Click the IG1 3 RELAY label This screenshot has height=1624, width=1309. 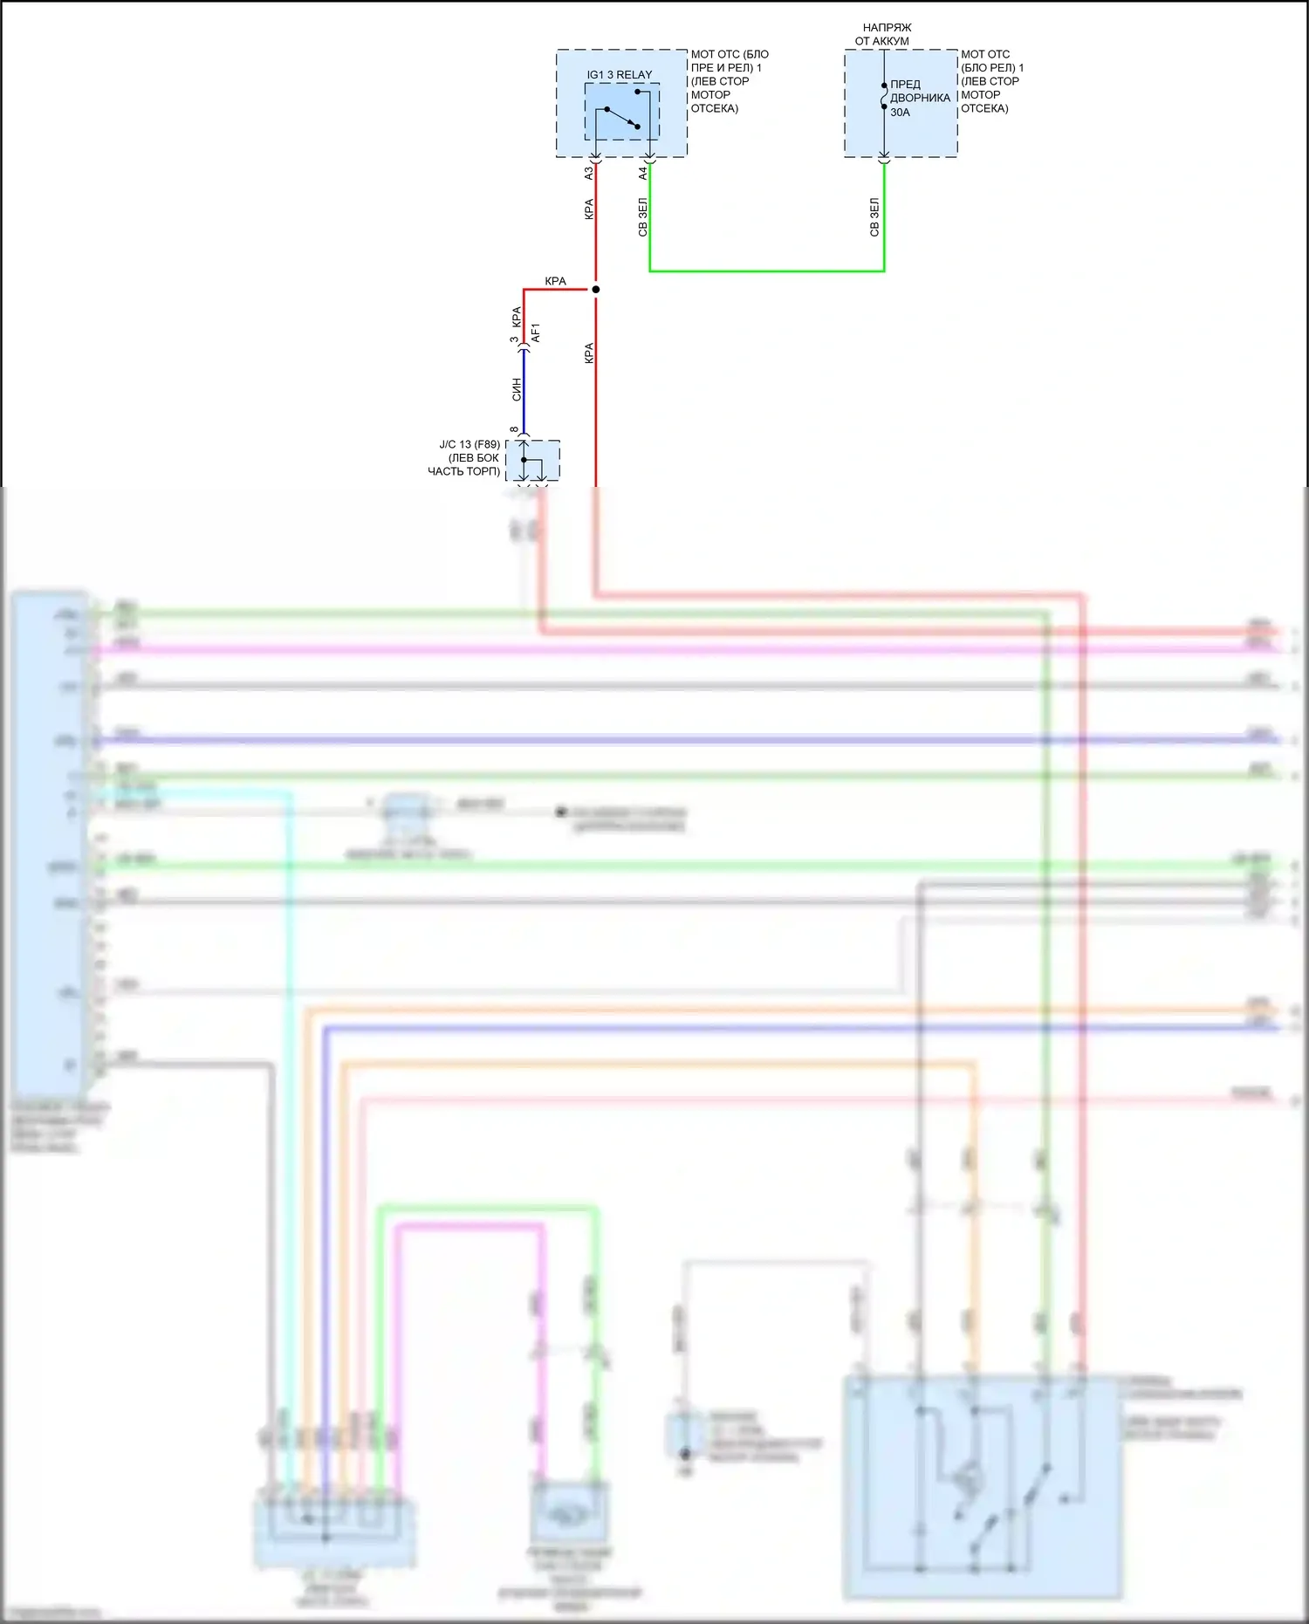click(x=619, y=75)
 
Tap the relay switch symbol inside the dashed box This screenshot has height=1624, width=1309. click(x=621, y=117)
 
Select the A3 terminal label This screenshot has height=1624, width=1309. click(x=589, y=174)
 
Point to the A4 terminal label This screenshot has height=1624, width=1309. click(x=643, y=174)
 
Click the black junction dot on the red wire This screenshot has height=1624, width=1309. click(x=596, y=289)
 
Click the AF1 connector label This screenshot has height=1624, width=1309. click(x=536, y=332)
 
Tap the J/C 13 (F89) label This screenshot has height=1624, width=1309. click(x=469, y=444)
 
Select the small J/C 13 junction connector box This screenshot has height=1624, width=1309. click(x=532, y=460)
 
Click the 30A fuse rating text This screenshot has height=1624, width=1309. click(x=900, y=113)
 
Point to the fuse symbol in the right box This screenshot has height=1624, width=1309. click(x=884, y=96)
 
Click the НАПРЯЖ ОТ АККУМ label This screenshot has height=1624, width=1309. click(x=883, y=34)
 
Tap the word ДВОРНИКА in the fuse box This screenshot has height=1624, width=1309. click(x=920, y=98)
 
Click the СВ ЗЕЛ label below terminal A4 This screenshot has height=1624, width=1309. click(x=643, y=217)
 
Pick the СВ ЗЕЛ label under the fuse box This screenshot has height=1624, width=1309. click(x=874, y=217)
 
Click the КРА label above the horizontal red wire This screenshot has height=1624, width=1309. click(x=555, y=281)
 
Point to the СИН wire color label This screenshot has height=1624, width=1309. click(x=517, y=389)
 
